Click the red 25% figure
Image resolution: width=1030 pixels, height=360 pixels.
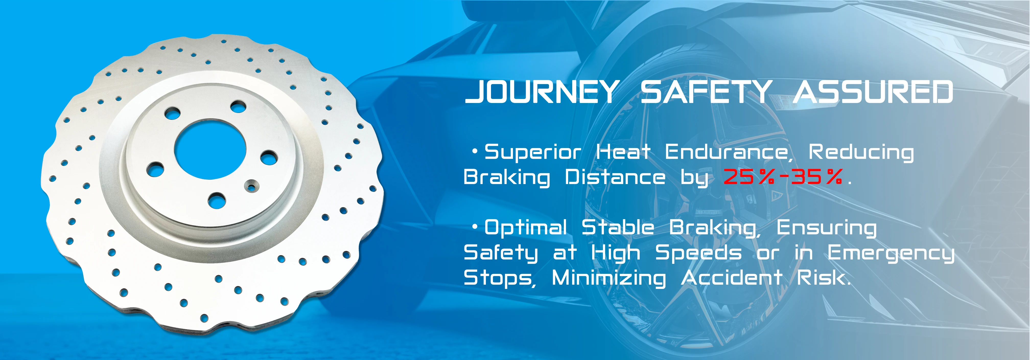(x=748, y=177)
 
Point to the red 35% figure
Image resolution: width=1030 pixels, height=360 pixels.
(x=817, y=177)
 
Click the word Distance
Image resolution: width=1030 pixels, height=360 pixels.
(x=615, y=177)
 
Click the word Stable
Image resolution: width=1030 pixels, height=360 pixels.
(x=618, y=227)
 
